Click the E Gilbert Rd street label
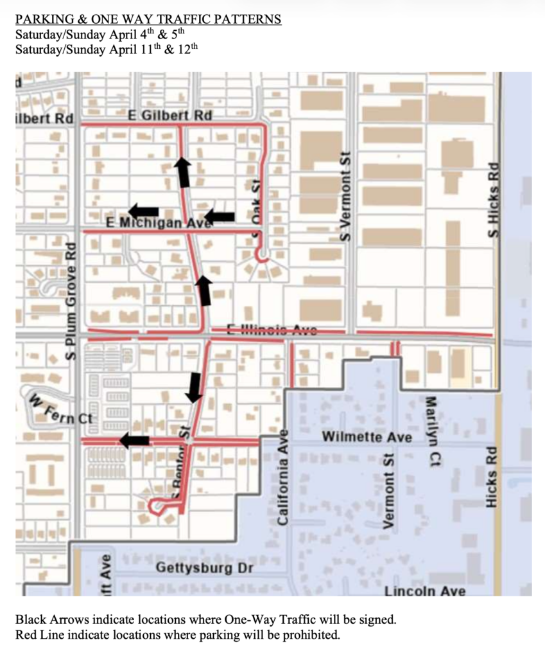[170, 115]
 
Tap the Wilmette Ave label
[367, 437]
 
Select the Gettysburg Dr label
[204, 569]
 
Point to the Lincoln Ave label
[424, 591]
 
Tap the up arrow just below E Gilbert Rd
[183, 170]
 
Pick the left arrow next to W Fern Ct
[134, 440]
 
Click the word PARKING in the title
[42, 19]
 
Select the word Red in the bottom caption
[26, 636]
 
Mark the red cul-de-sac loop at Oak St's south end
[262, 256]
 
